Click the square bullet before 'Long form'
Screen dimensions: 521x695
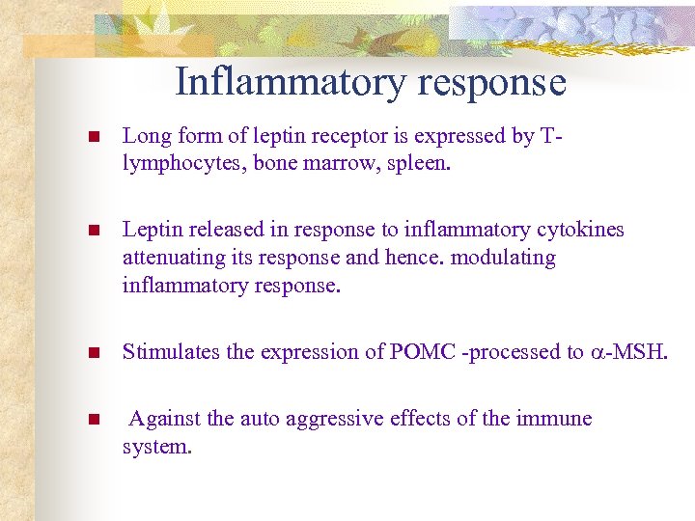pyautogui.click(x=93, y=138)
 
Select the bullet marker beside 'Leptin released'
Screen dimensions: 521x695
pyautogui.click(x=93, y=232)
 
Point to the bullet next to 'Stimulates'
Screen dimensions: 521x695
pyautogui.click(x=93, y=353)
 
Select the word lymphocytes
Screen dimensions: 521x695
pyautogui.click(x=182, y=163)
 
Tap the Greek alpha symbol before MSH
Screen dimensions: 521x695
pyautogui.click(x=598, y=353)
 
